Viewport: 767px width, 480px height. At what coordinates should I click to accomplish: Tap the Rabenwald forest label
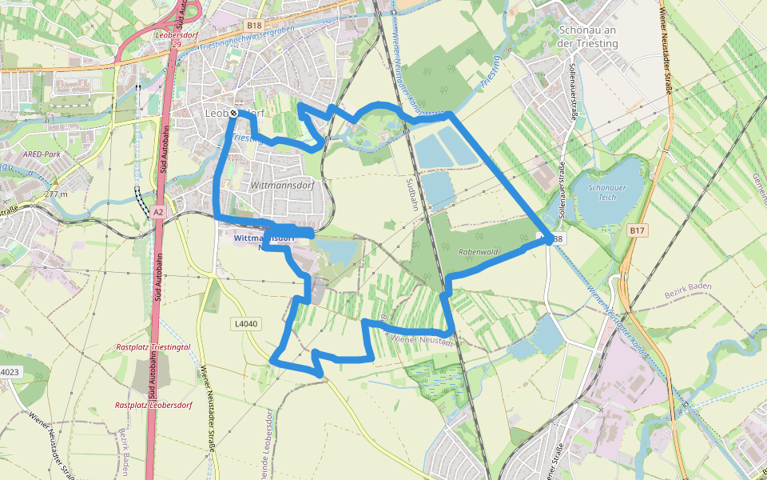pyautogui.click(x=479, y=252)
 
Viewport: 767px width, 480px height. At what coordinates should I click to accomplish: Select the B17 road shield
pyautogui.click(x=636, y=230)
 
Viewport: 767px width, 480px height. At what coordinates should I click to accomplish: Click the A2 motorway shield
pyautogui.click(x=158, y=212)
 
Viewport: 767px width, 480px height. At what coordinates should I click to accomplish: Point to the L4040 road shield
pyautogui.click(x=246, y=324)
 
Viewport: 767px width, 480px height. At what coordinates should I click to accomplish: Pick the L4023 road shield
pyautogui.click(x=9, y=372)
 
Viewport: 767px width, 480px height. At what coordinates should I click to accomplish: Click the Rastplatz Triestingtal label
pyautogui.click(x=153, y=348)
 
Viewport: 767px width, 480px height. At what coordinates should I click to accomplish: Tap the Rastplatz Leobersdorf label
pyautogui.click(x=153, y=406)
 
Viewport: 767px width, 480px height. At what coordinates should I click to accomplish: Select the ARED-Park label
pyautogui.click(x=42, y=154)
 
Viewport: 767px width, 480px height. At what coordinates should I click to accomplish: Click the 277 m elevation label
pyautogui.click(x=56, y=194)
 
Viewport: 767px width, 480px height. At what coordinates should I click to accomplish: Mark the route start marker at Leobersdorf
pyautogui.click(x=233, y=114)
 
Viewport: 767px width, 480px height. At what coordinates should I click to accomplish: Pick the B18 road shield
pyautogui.click(x=254, y=26)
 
